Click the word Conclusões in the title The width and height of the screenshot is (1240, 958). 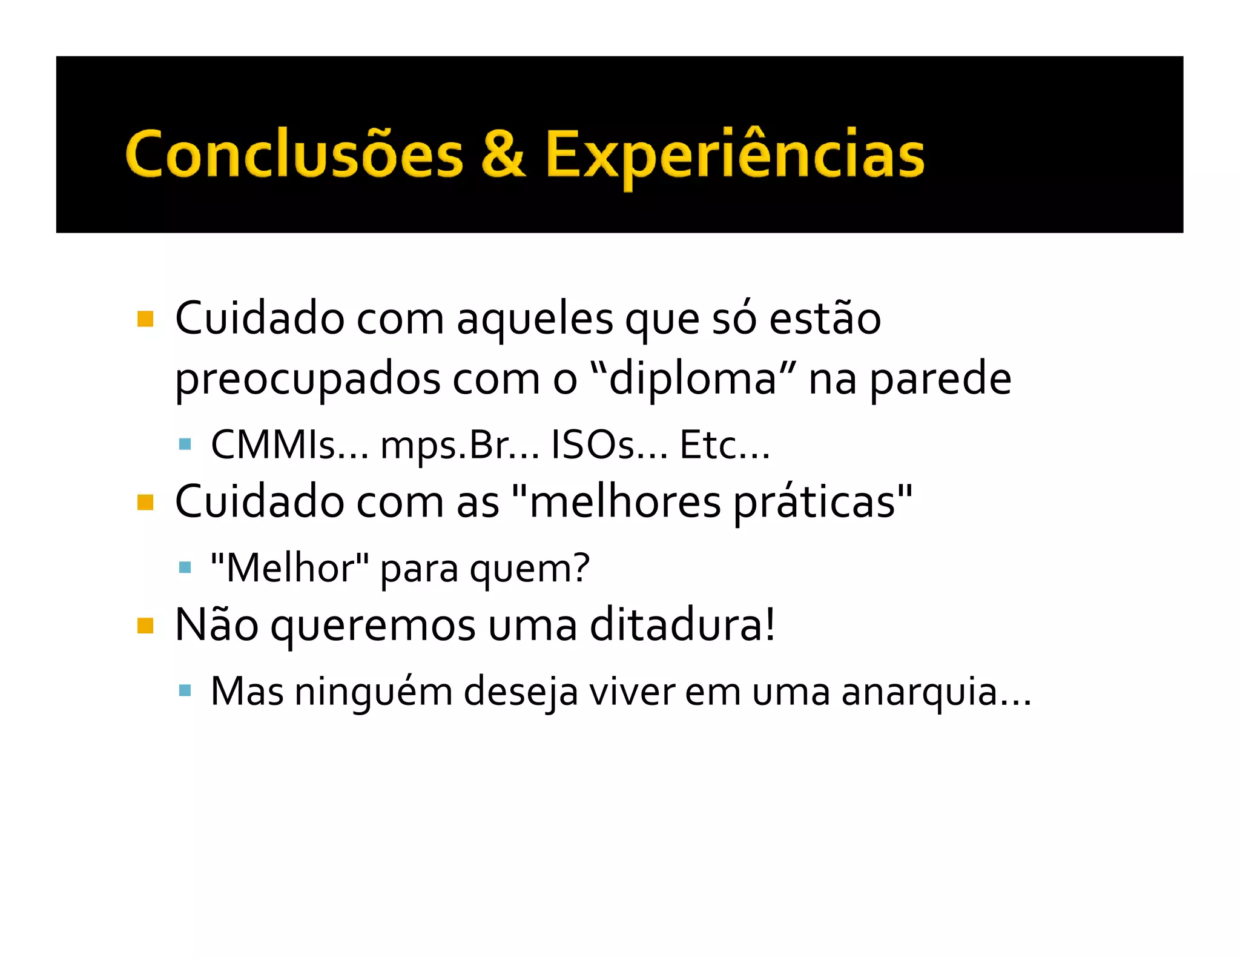tap(294, 155)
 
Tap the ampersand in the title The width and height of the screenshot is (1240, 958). tap(504, 154)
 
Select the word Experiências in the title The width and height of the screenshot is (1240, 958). tap(734, 155)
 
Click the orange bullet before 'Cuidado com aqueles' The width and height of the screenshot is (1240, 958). tap(145, 319)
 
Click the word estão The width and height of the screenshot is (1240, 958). tap(825, 319)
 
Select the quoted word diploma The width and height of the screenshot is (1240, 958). tap(692, 379)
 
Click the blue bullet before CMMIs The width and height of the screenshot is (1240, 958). tap(185, 445)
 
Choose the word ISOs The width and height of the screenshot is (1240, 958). tap(593, 445)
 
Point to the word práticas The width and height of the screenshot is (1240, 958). tap(814, 503)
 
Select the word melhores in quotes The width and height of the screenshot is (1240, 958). tap(625, 502)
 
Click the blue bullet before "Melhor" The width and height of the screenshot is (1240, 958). tap(185, 567)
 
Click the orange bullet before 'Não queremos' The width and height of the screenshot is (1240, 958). tap(145, 625)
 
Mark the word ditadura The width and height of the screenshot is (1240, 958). tap(681, 625)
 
